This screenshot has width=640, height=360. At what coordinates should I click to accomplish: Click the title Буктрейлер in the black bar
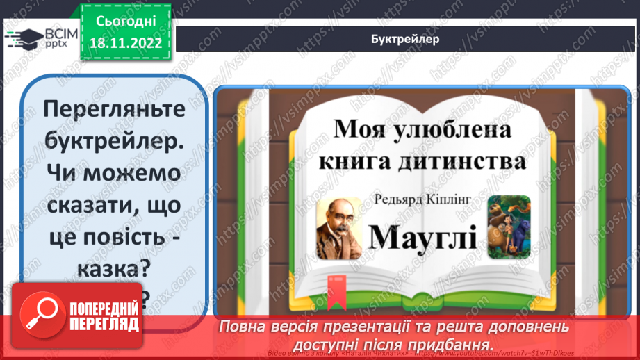(x=405, y=39)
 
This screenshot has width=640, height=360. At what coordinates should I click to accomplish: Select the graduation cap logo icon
(x=23, y=39)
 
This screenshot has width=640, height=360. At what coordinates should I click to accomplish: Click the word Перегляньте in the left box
(x=114, y=109)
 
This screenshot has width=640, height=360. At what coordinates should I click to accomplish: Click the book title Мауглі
(x=422, y=237)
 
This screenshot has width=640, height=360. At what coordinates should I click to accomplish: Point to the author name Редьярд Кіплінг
(x=422, y=200)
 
